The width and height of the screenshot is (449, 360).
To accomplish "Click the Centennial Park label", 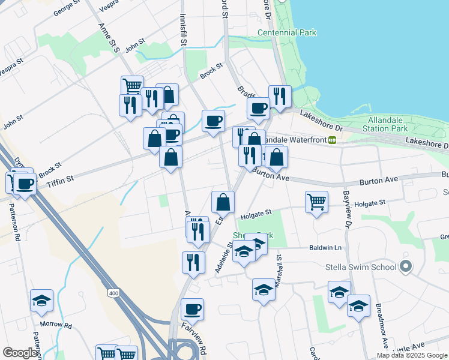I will [287, 32].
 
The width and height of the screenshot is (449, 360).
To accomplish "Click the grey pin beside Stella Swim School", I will [406, 266].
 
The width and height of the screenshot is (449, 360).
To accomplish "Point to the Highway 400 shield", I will [113, 293].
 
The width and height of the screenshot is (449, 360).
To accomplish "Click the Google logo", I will [20, 353].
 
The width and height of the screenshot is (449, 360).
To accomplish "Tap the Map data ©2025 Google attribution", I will [412, 355].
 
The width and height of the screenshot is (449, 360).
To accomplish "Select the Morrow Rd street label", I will [60, 326].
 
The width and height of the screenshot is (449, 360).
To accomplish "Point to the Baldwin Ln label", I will [325, 247].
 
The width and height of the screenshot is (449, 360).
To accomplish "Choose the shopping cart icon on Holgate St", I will [316, 201].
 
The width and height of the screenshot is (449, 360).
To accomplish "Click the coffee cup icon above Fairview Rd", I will [192, 309].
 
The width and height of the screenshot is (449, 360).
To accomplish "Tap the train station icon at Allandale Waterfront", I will [332, 140].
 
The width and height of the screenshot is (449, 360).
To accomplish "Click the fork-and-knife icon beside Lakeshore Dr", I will [280, 96].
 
